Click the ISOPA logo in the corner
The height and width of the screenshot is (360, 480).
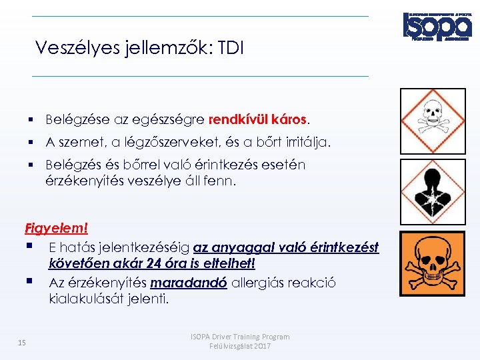pyautogui.click(x=437, y=27)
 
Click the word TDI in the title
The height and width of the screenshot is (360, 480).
pyautogui.click(x=231, y=48)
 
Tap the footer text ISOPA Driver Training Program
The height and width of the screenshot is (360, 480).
pyautogui.click(x=240, y=337)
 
